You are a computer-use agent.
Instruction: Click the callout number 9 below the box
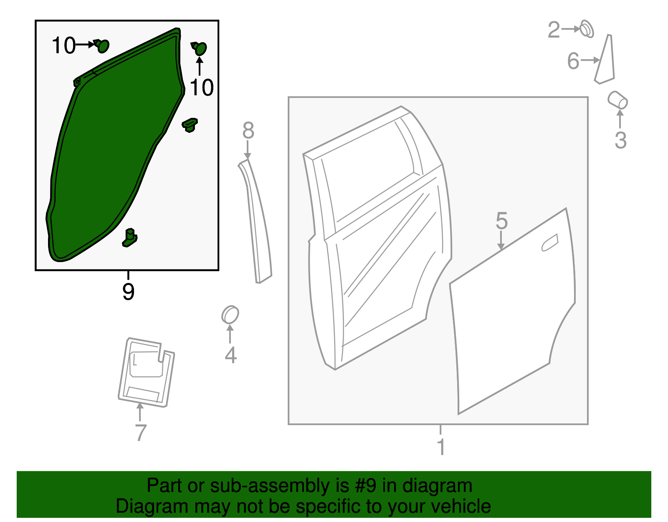(x=128, y=291)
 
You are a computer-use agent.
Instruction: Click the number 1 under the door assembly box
(x=441, y=447)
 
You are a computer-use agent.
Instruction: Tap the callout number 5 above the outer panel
(x=501, y=221)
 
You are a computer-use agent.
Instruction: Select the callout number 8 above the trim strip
(x=248, y=131)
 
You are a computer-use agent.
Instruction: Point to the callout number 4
(x=230, y=355)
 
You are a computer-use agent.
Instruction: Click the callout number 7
(x=141, y=433)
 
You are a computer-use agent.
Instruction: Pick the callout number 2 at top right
(x=554, y=30)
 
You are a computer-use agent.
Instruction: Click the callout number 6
(x=573, y=61)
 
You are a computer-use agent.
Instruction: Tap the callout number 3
(x=620, y=140)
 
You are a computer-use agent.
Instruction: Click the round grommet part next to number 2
(x=587, y=29)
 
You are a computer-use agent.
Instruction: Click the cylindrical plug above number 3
(x=617, y=100)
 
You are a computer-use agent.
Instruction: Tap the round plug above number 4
(x=230, y=314)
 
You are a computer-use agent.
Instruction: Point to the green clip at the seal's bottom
(x=130, y=237)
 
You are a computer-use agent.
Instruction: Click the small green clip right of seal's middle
(x=190, y=125)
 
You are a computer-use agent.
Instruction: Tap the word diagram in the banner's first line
(x=437, y=486)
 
